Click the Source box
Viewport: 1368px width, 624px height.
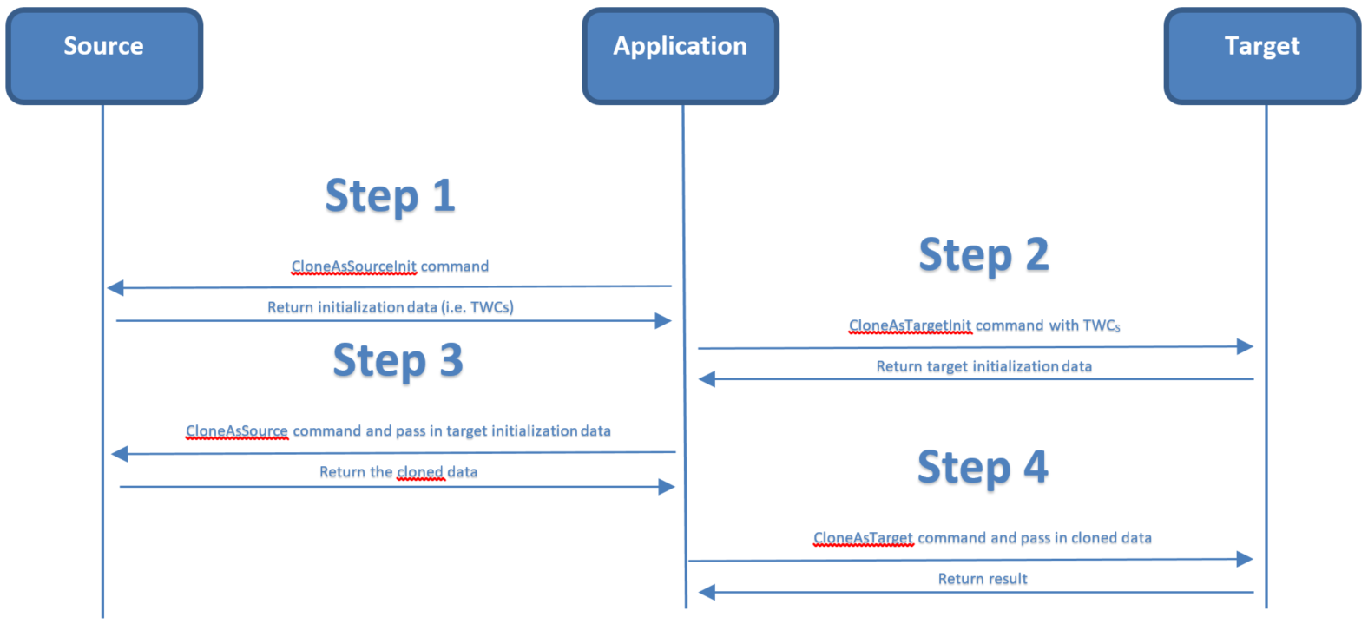coord(104,56)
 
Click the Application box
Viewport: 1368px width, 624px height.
coord(681,56)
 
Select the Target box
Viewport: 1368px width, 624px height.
coord(1262,56)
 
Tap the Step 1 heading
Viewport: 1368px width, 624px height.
coord(390,196)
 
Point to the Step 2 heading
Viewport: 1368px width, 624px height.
coord(983,255)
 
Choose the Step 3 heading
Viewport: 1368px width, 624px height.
coord(398,361)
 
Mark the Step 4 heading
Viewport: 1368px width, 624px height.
coord(983,468)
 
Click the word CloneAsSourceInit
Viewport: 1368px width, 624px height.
coord(353,266)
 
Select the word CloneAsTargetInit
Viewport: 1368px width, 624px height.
coord(910,325)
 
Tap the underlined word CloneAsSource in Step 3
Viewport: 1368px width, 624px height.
coord(236,431)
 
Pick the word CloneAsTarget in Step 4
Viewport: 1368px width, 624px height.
coord(863,538)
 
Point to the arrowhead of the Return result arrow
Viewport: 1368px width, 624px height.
coord(707,592)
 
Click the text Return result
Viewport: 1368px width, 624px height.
coord(983,579)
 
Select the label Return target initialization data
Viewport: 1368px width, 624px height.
coord(983,366)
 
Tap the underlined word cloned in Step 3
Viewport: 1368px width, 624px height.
coord(420,472)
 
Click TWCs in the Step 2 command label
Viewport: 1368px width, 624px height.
coord(1102,325)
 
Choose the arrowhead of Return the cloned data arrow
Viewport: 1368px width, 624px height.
coord(666,487)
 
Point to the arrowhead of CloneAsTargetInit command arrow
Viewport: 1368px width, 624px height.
coord(1245,346)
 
